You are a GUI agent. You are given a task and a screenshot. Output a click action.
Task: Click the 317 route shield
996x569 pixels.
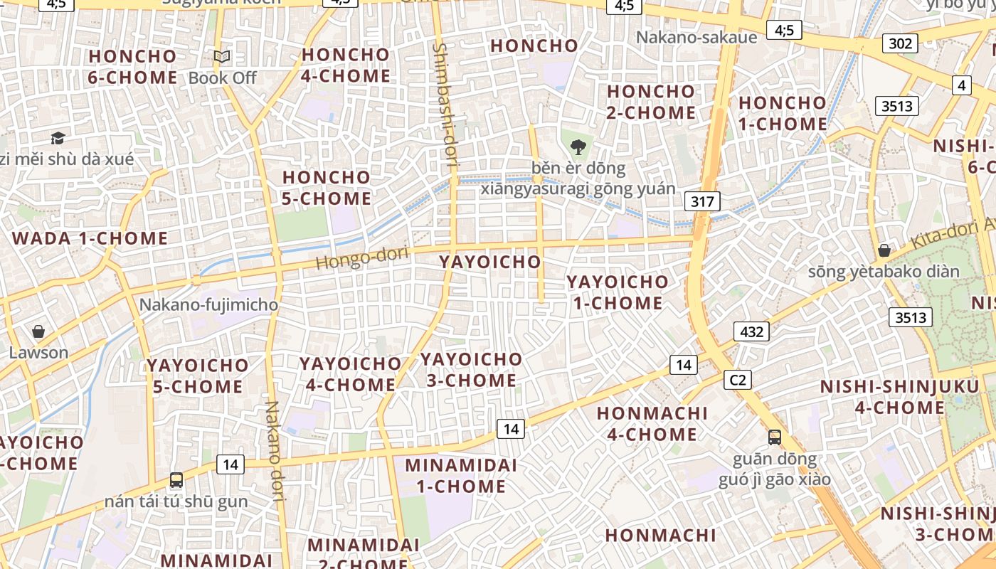[702, 201]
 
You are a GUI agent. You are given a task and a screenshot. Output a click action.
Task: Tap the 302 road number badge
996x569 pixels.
[900, 43]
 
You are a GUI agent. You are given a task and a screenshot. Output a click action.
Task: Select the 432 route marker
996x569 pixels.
[751, 331]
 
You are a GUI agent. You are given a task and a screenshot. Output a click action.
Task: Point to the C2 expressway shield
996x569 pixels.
[738, 380]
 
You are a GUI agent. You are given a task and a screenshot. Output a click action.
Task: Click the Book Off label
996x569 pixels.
[222, 78]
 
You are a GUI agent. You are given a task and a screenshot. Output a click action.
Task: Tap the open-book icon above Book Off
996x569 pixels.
[222, 56]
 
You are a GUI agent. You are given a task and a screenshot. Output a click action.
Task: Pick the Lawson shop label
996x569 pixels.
[38, 353]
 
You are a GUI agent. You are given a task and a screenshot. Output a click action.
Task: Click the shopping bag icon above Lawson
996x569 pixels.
[38, 331]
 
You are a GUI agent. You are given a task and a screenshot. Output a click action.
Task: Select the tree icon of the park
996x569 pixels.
[578, 147]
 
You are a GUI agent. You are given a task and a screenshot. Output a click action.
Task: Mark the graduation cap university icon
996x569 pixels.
[58, 138]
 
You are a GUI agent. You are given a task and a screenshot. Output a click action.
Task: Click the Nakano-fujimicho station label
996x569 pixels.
[208, 305]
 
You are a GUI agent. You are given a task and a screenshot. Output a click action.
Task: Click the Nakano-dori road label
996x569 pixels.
[275, 452]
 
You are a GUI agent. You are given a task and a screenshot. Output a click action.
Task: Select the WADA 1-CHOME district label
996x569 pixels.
[90, 238]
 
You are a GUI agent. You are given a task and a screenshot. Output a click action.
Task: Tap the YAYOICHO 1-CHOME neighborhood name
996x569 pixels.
[617, 292]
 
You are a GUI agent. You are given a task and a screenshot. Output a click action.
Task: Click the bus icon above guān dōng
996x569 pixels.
[774, 437]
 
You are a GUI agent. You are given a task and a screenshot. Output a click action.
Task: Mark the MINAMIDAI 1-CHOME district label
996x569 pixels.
[455, 476]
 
